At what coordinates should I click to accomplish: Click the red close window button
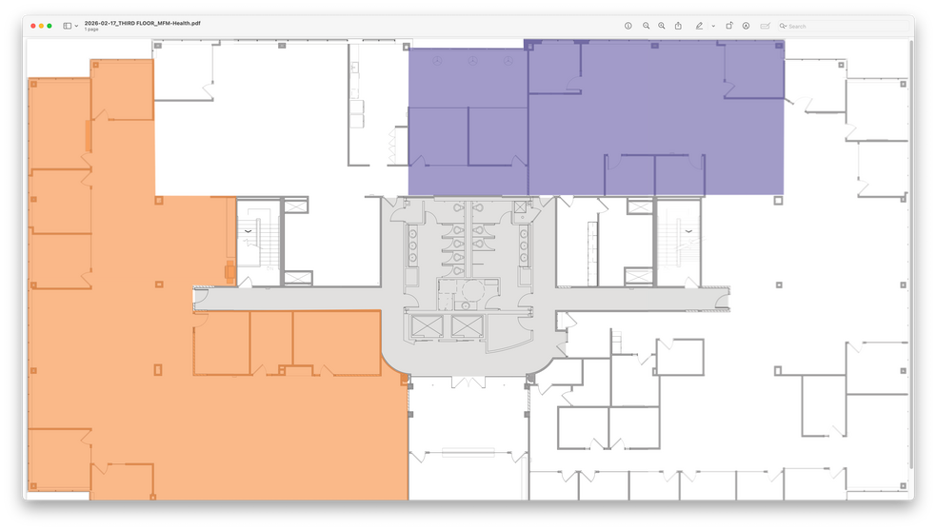[33, 26]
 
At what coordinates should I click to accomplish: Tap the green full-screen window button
[50, 26]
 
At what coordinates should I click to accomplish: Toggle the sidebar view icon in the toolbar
[68, 26]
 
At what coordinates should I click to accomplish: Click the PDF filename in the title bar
[142, 23]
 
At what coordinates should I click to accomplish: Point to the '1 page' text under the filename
[90, 29]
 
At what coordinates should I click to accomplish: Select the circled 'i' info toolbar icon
[628, 26]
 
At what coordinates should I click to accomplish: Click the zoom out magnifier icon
[646, 26]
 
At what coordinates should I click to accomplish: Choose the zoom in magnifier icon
[662, 26]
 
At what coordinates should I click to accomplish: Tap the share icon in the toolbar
[678, 26]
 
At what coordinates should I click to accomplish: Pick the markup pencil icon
[699, 26]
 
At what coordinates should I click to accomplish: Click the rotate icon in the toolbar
[729, 26]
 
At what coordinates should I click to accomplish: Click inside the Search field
[843, 27]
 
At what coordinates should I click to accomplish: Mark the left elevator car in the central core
[427, 326]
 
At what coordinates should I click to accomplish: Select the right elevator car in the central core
[467, 326]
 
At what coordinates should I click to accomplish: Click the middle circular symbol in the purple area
[472, 61]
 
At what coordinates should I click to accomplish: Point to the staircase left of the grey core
[259, 242]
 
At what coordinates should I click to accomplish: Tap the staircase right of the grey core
[678, 242]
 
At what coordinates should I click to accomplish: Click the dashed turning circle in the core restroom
[472, 290]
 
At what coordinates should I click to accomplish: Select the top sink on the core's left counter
[413, 234]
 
